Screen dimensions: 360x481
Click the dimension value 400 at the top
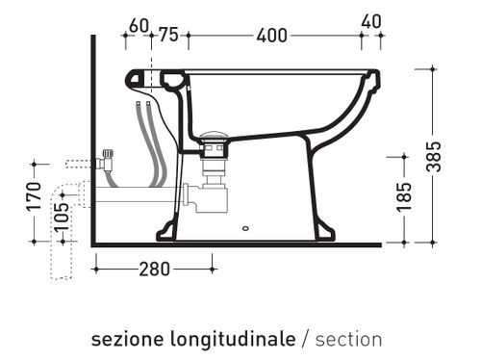point(272,36)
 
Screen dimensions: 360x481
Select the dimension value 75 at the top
point(167,36)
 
